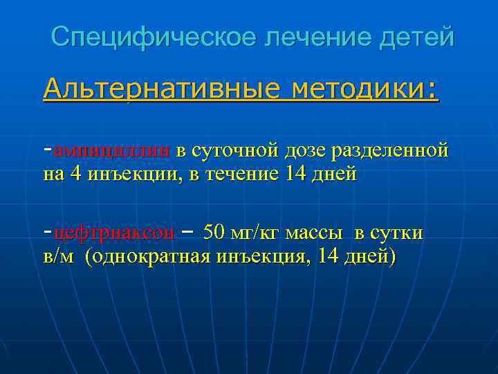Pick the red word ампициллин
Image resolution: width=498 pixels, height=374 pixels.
click(x=111, y=149)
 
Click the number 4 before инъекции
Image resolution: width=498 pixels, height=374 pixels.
click(x=75, y=174)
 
